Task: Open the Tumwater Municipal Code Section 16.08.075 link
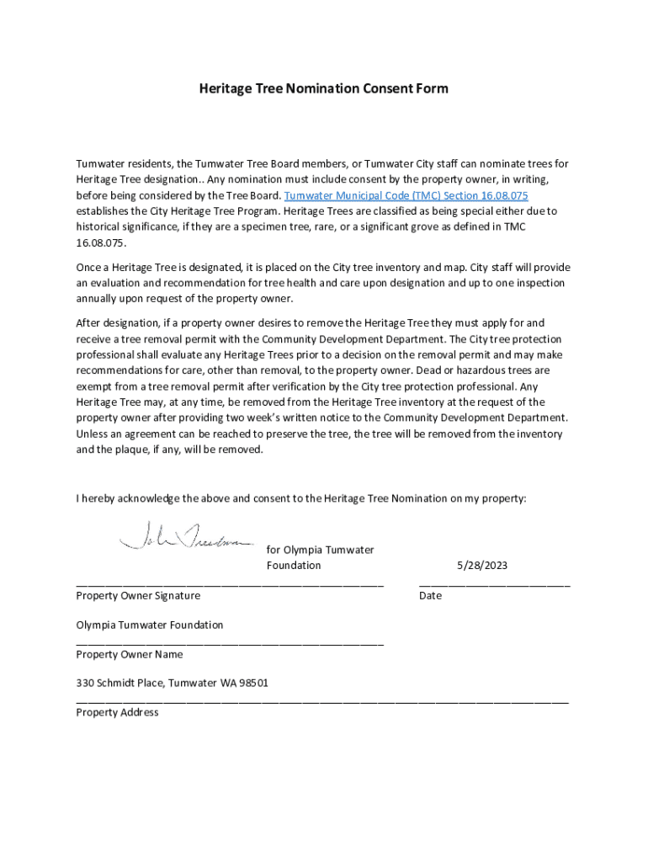(x=406, y=195)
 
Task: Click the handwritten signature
(x=186, y=535)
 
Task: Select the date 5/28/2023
(x=482, y=566)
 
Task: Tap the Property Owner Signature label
(x=138, y=595)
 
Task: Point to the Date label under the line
(x=430, y=595)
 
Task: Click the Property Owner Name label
(x=130, y=654)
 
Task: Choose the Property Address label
(x=117, y=712)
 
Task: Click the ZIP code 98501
(x=253, y=684)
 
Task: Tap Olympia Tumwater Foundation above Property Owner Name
(x=150, y=625)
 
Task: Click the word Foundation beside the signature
(x=294, y=566)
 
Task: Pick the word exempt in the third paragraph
(x=94, y=386)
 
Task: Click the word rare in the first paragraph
(x=315, y=227)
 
